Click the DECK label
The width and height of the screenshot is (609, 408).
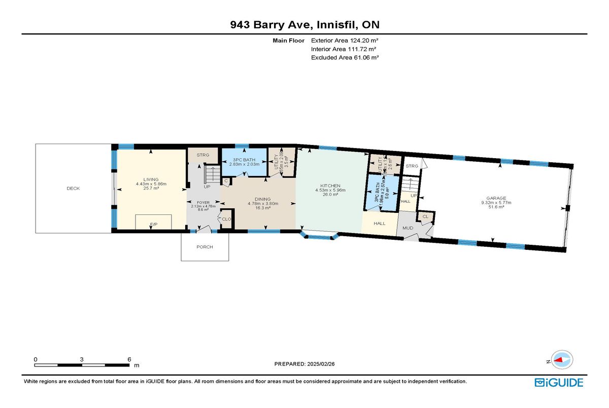pyautogui.click(x=73, y=189)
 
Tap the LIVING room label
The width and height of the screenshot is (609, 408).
pyautogui.click(x=151, y=179)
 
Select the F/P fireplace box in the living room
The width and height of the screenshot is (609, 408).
pyautogui.click(x=153, y=223)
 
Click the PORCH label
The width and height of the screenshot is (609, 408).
pyautogui.click(x=205, y=247)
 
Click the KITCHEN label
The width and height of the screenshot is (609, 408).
pyautogui.click(x=330, y=186)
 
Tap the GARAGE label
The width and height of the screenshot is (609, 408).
pyautogui.click(x=496, y=198)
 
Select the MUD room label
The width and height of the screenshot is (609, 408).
pyautogui.click(x=408, y=228)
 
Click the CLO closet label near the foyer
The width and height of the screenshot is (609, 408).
pyautogui.click(x=226, y=219)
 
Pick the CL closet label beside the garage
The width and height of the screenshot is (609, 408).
pyautogui.click(x=425, y=217)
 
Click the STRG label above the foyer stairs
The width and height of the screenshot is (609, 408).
pyautogui.click(x=203, y=155)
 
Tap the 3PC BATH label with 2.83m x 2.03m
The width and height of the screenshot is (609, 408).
pyautogui.click(x=244, y=160)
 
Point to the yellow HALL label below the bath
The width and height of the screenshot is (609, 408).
pyautogui.click(x=379, y=224)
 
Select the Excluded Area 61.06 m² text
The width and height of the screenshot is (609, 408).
pyautogui.click(x=345, y=58)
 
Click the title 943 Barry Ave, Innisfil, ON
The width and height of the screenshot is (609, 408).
pyautogui.click(x=304, y=24)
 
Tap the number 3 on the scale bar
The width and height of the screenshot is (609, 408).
pyautogui.click(x=82, y=359)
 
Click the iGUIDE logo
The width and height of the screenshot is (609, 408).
pyautogui.click(x=559, y=383)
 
